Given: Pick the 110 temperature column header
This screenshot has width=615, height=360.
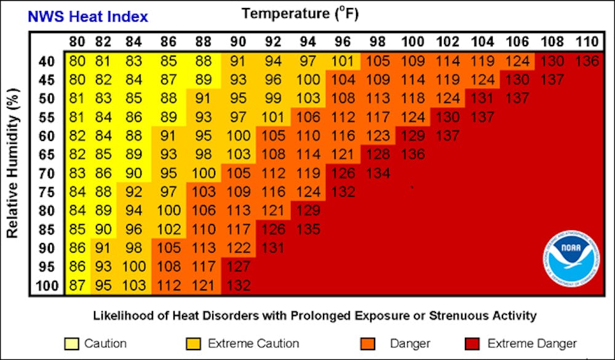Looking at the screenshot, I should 586,42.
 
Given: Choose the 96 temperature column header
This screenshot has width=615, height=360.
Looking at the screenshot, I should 343,42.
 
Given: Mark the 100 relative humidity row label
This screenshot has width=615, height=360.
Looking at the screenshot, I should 47,286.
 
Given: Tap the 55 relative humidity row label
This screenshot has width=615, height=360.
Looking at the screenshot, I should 47,117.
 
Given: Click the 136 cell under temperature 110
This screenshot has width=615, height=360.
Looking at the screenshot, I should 586,61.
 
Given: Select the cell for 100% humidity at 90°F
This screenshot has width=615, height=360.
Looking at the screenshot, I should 240,286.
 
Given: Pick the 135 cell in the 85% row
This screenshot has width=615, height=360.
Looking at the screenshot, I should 308,230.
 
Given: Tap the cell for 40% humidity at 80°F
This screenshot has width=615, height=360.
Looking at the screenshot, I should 77,61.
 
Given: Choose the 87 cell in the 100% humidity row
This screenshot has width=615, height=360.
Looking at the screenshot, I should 77,286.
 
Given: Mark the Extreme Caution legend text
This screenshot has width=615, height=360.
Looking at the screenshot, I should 253,343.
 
